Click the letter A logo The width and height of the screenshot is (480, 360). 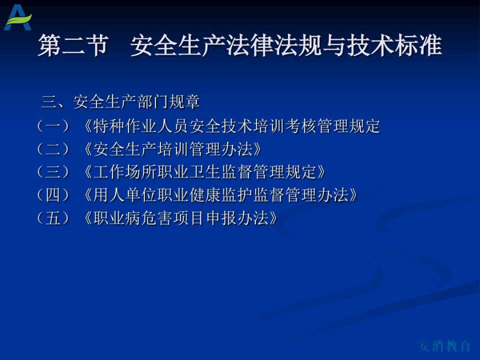point(18,18)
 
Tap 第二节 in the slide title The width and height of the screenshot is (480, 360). point(73,45)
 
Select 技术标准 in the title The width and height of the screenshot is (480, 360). point(394,45)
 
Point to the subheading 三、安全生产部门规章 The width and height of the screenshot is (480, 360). point(120,101)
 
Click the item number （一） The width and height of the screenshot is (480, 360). point(53,126)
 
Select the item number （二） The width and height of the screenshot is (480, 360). point(53,149)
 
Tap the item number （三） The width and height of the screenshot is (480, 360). point(53,171)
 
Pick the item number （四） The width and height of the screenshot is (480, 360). point(53,194)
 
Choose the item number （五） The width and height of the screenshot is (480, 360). point(53,218)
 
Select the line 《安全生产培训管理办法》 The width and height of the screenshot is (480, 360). point(172,149)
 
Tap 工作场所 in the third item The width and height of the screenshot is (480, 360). point(124,171)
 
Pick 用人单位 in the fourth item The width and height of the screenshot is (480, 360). point(124,194)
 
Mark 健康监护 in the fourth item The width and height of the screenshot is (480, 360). point(220,194)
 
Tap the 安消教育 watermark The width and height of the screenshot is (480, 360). point(444,345)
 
